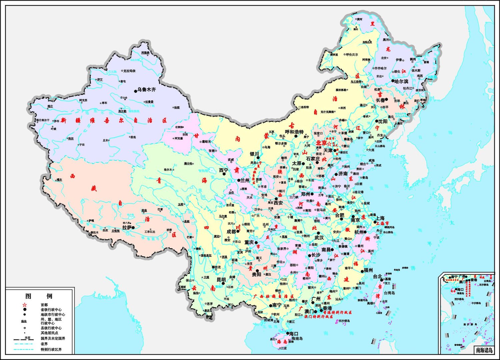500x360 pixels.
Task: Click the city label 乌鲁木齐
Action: (x=146, y=90)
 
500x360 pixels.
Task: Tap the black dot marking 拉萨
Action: (x=133, y=227)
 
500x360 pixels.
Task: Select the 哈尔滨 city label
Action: (x=401, y=81)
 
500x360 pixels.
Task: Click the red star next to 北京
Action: (x=329, y=143)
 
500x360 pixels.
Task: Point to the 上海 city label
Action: (x=380, y=218)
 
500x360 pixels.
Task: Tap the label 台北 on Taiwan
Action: (x=377, y=276)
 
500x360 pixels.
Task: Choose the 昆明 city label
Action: (x=221, y=279)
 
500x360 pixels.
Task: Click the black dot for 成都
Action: (x=238, y=231)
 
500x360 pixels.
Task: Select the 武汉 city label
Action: (x=319, y=238)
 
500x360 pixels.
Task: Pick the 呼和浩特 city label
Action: (x=294, y=132)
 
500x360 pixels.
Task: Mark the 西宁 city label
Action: (x=223, y=170)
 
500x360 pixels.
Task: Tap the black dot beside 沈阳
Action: (x=376, y=121)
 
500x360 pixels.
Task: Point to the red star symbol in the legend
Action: (x=24, y=305)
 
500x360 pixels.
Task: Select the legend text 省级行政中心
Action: (x=51, y=310)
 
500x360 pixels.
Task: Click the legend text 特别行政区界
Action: (x=51, y=350)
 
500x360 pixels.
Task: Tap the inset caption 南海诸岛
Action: (x=484, y=350)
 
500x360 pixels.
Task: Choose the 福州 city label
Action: (x=368, y=270)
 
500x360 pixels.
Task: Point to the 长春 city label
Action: (x=380, y=100)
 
